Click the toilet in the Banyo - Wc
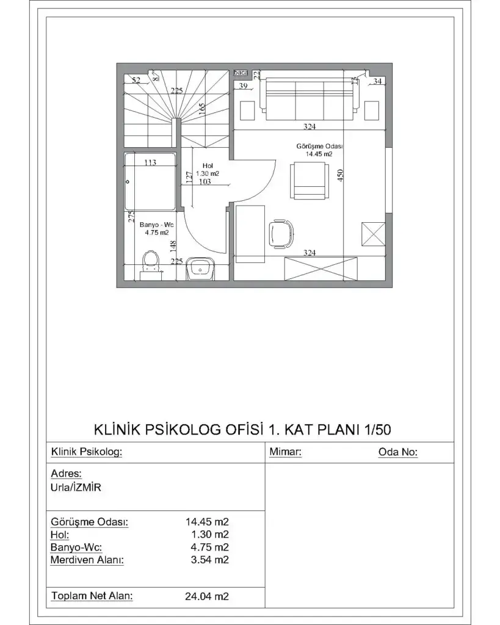[x=150, y=263]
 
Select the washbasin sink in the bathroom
[x=200, y=268]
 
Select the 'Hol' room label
[x=208, y=165]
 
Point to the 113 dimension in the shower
[x=150, y=162]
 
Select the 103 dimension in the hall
[x=205, y=182]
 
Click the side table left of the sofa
[x=247, y=110]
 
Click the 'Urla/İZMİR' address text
[x=75, y=488]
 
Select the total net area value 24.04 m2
[x=206, y=596]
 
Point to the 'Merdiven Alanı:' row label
[x=87, y=560]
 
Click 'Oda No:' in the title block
[x=398, y=452]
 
